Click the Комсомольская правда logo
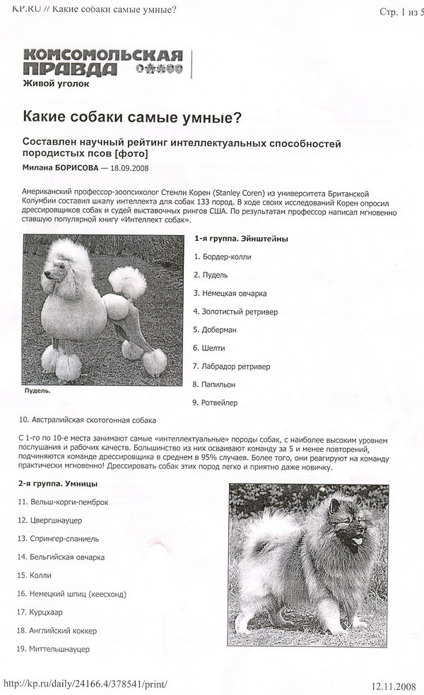coord(102,63)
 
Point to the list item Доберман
coord(218,330)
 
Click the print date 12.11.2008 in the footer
coord(394,686)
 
